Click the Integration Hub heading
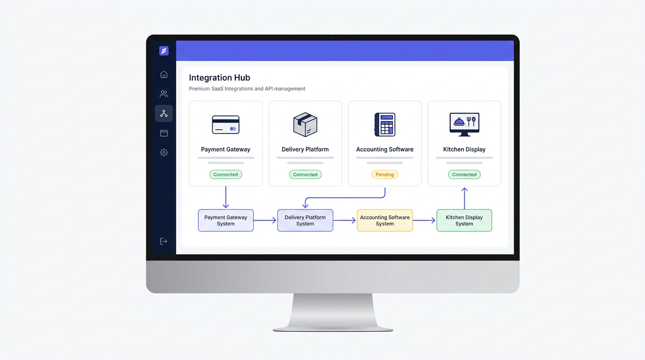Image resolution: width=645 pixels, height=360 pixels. (219, 78)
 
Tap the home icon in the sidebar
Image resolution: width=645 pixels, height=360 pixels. (164, 75)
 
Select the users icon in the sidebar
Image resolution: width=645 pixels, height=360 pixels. (164, 94)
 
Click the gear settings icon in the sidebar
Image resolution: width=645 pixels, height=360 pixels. (164, 152)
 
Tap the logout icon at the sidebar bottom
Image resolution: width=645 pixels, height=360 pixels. (164, 241)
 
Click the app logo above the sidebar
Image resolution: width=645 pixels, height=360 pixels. (164, 51)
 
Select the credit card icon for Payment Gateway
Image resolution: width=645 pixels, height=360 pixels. (226, 125)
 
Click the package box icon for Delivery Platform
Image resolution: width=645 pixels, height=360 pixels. (305, 124)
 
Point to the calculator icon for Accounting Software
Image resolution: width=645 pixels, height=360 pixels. (385, 124)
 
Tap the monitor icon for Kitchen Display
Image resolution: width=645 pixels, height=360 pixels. (464, 124)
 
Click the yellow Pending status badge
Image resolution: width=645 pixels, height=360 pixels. (385, 174)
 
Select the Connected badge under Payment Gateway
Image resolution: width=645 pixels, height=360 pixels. (226, 174)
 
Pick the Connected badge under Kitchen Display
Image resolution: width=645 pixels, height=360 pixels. (464, 174)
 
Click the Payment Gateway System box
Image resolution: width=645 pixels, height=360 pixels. (226, 220)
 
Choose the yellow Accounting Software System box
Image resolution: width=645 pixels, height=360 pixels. (385, 220)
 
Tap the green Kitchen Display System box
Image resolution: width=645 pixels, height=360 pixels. (464, 220)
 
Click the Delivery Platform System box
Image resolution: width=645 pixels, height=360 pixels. (305, 220)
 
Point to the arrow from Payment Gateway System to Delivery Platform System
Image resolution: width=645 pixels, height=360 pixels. (265, 220)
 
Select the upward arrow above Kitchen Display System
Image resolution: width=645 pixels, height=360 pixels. (465, 198)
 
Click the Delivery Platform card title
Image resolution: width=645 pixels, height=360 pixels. (305, 149)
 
